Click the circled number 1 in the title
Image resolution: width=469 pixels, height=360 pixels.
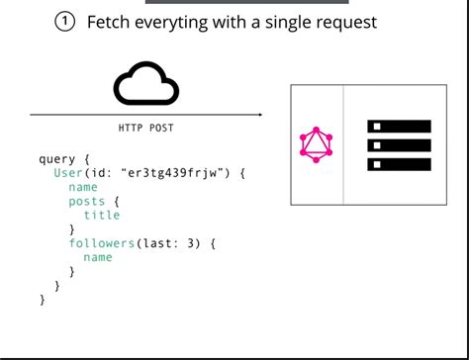65,22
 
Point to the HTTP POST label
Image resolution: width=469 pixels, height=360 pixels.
146,129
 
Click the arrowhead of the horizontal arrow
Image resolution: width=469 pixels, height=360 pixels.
260,115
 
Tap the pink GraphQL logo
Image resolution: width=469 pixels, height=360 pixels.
317,145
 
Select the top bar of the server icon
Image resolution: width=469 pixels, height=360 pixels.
400,127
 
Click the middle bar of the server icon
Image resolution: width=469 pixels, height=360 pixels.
400,145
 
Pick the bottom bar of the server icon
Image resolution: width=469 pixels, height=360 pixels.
400,163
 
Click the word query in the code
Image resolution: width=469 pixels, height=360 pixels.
56,158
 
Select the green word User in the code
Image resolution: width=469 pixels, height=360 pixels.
68,172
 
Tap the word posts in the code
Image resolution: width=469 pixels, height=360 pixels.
86,201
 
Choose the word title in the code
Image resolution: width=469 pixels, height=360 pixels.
101,215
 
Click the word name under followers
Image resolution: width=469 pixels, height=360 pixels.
97,257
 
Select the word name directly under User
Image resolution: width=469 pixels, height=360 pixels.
83,187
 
